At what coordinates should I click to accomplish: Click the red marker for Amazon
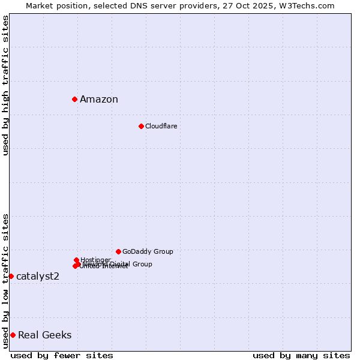74,99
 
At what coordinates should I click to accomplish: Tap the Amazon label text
99,100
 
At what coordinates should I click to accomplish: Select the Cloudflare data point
141,126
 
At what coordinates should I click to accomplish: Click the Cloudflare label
161,126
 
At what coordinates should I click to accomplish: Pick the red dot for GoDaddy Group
118,251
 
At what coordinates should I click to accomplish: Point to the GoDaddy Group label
148,252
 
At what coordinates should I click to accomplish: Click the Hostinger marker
76,260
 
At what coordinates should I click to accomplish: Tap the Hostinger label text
95,259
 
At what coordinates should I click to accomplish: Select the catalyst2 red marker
11,276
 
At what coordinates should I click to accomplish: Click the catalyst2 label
38,276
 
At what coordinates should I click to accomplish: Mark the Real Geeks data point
13,335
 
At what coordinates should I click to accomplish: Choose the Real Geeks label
45,335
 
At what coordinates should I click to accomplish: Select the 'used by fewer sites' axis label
62,356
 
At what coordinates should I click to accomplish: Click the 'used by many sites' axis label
301,356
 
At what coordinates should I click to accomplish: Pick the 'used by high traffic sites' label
5,85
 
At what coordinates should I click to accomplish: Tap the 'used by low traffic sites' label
5,281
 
